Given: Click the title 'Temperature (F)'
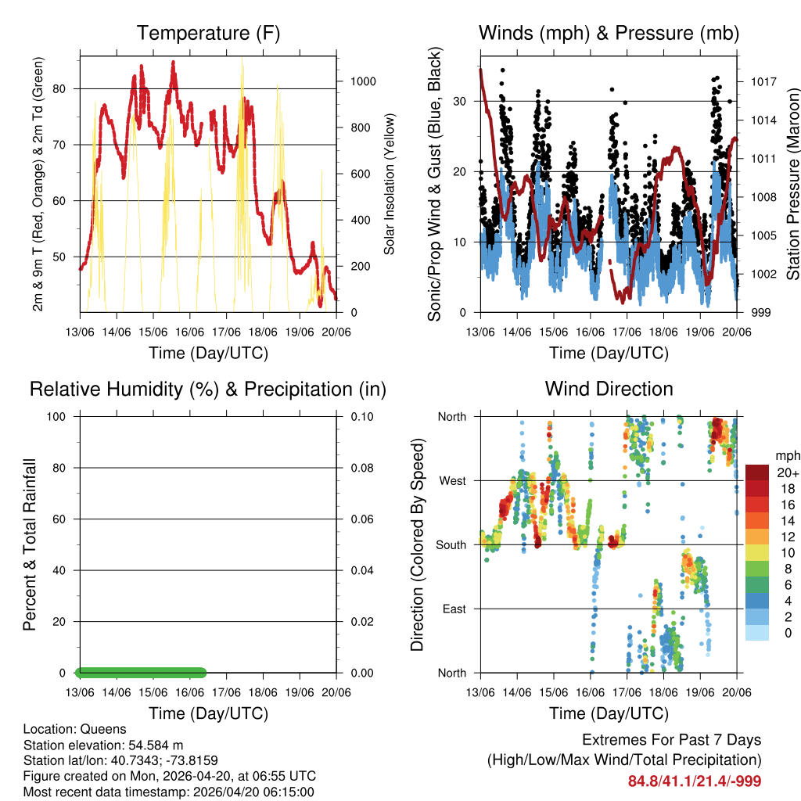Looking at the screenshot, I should (x=208, y=33).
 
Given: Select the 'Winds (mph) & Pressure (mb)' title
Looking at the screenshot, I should (x=609, y=33).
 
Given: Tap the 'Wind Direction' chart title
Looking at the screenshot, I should (x=609, y=389).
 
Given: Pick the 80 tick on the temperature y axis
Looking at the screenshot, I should (x=66, y=88).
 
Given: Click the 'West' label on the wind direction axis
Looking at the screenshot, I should (x=451, y=481).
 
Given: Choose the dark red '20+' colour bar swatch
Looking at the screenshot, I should (x=756, y=472).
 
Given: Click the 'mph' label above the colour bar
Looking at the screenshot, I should (x=786, y=456).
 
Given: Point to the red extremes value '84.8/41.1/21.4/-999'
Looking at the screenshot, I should (x=694, y=781).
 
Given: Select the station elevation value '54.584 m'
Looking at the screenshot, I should (x=155, y=745).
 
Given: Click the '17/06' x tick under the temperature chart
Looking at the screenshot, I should (x=226, y=332).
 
